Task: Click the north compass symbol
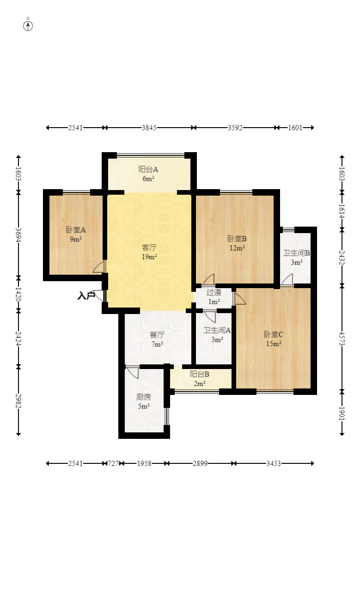28,26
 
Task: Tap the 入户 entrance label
86,295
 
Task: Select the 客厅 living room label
149,247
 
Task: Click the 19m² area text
150,257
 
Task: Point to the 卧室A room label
76,230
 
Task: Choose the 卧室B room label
237,239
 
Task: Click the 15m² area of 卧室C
274,344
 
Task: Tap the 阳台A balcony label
148,169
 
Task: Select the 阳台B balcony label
199,374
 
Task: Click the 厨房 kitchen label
144,397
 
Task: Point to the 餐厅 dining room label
157,335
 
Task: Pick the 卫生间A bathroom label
217,330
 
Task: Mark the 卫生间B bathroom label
296,253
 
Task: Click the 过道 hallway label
214,292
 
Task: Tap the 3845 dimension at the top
149,128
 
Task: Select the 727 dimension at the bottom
113,463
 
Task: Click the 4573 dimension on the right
342,338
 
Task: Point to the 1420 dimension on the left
18,294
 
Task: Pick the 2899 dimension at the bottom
200,463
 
